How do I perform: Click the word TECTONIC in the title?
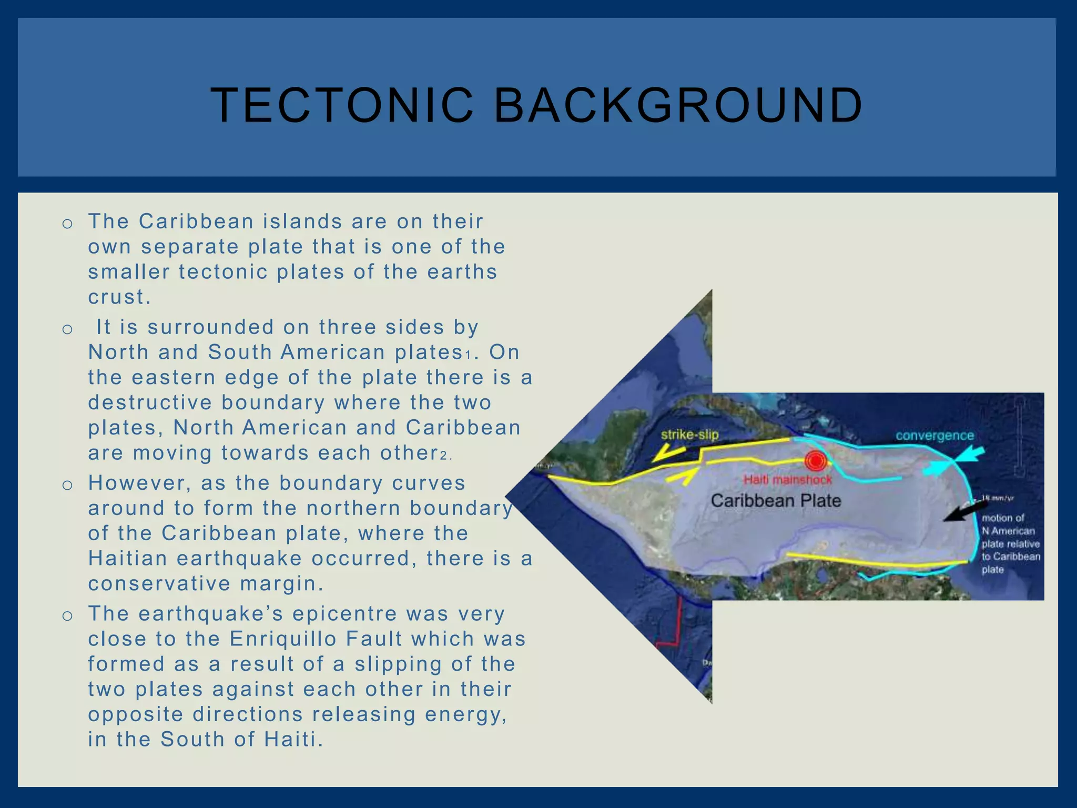pos(342,105)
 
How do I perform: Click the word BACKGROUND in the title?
pos(678,105)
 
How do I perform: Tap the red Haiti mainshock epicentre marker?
pos(815,461)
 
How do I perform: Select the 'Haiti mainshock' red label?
pos(787,480)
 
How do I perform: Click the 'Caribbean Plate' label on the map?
pos(776,500)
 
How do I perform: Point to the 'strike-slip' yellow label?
pos(689,435)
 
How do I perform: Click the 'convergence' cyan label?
pos(934,436)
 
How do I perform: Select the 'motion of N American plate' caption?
pos(1010,543)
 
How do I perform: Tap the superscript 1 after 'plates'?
pos(468,356)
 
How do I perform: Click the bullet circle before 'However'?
pos(67,485)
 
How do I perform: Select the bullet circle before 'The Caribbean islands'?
pos(67,224)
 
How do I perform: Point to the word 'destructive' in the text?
pos(150,402)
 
